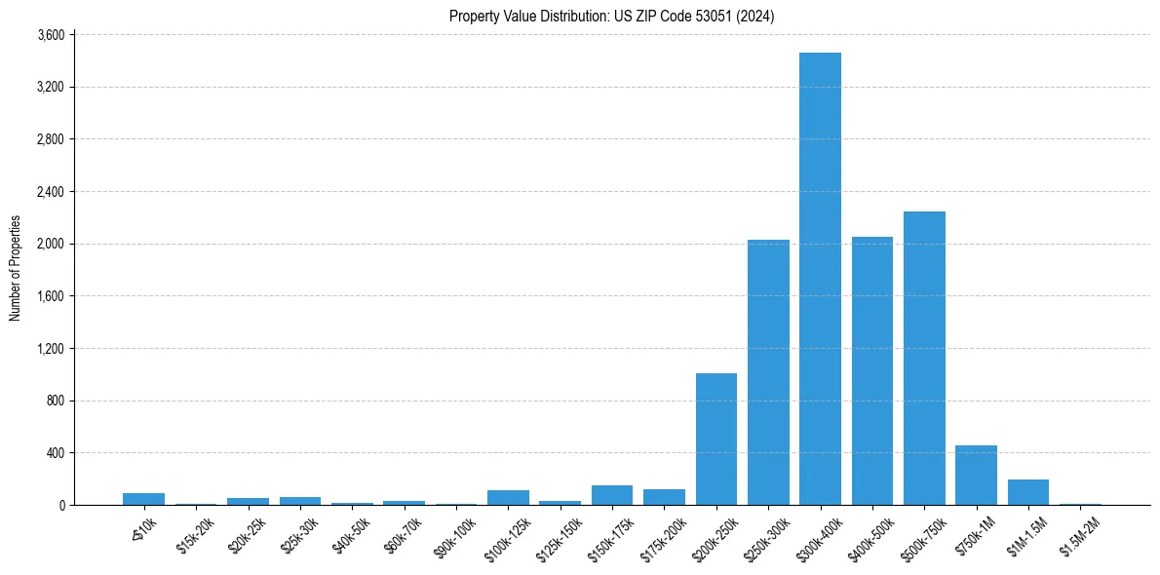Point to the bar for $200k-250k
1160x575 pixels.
(x=716, y=440)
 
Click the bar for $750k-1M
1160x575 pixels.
(x=976, y=476)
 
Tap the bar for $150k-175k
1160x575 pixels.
(x=612, y=495)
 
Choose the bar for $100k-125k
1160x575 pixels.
(x=508, y=498)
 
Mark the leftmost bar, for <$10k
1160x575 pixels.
(x=143, y=499)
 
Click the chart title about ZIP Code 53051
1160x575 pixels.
(x=612, y=16)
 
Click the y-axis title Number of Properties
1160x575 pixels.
(x=15, y=268)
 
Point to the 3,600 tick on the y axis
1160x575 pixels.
(x=50, y=35)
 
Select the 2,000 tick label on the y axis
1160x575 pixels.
(x=50, y=244)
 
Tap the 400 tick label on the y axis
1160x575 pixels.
(x=55, y=453)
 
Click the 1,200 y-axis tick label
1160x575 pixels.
(x=50, y=349)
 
